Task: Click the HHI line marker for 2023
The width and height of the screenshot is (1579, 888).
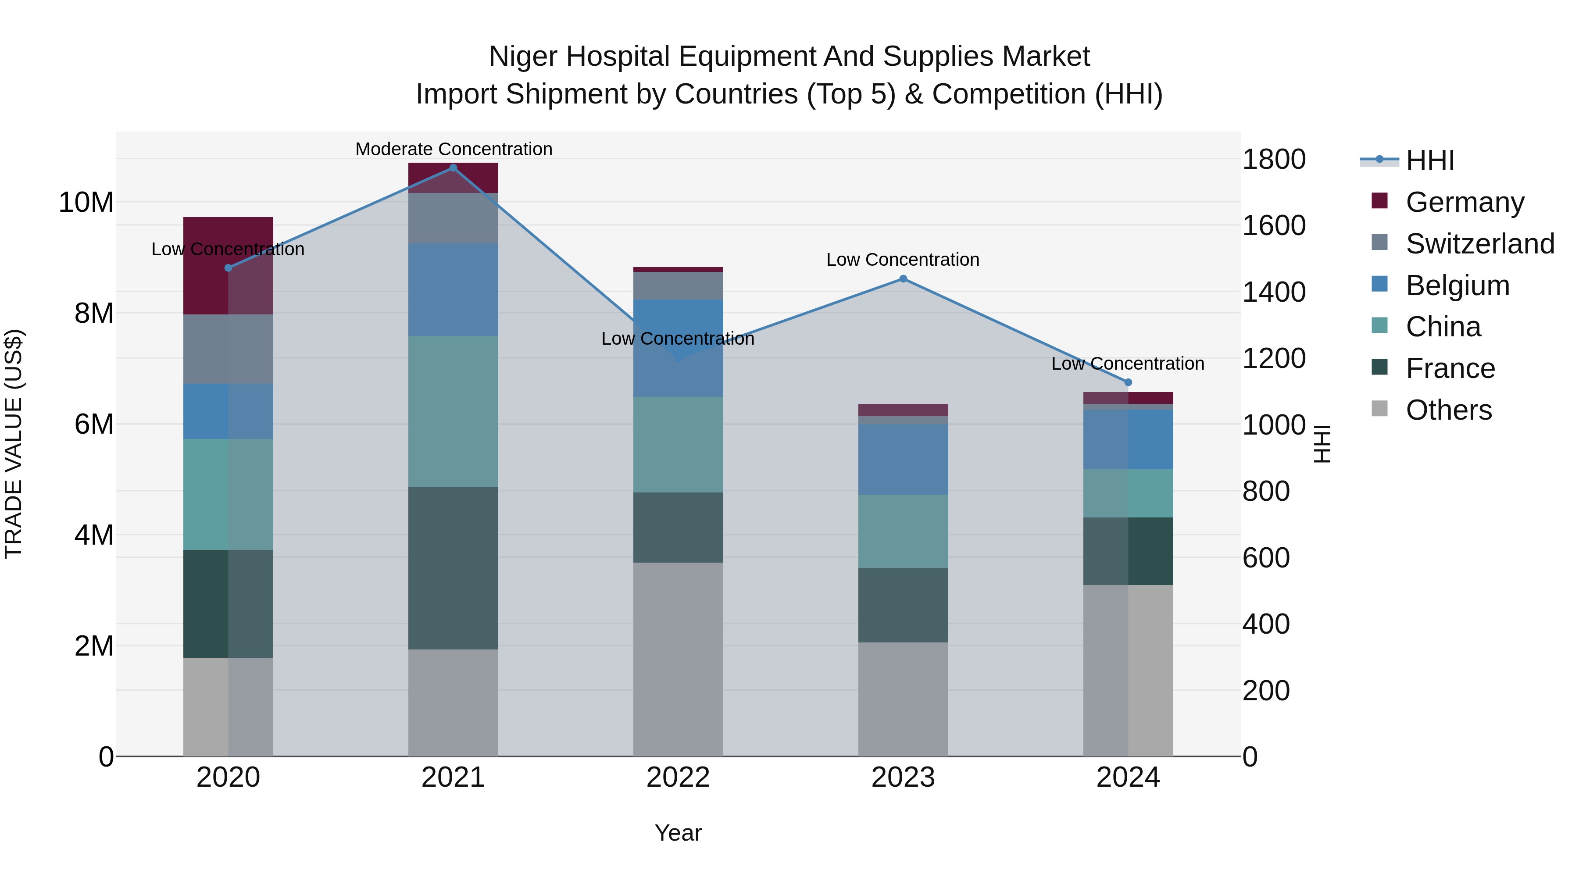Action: pyautogui.click(x=903, y=279)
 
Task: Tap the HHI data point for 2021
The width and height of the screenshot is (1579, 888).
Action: pyautogui.click(x=453, y=168)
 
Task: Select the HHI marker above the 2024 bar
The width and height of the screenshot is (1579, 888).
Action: pyautogui.click(x=1128, y=382)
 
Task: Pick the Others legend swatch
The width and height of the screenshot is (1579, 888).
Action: pyautogui.click(x=1379, y=409)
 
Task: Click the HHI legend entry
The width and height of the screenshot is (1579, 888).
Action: pyautogui.click(x=1429, y=160)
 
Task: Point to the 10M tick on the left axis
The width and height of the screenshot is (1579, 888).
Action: pyautogui.click(x=86, y=202)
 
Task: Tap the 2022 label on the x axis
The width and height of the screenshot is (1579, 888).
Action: pyautogui.click(x=678, y=777)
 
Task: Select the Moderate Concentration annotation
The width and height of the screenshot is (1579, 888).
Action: pyautogui.click(x=454, y=149)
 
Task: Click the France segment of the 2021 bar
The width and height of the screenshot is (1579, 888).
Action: pyautogui.click(x=453, y=567)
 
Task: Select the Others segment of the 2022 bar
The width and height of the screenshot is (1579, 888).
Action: pyautogui.click(x=678, y=659)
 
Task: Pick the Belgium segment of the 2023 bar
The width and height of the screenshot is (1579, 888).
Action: pyautogui.click(x=903, y=459)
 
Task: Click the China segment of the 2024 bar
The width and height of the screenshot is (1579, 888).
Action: pyautogui.click(x=1128, y=493)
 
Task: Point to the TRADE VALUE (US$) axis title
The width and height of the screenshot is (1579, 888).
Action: pyautogui.click(x=14, y=444)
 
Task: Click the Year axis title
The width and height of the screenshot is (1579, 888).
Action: pyautogui.click(x=678, y=833)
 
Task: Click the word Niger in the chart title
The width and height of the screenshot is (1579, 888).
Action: pyautogui.click(x=523, y=57)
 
